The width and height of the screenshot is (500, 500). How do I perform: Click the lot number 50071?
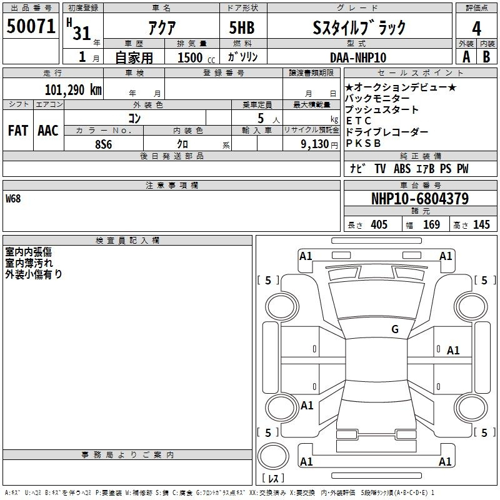[x=31, y=26]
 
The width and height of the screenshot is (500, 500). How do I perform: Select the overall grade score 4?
[x=476, y=29]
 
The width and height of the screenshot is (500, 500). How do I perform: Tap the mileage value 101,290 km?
[x=73, y=90]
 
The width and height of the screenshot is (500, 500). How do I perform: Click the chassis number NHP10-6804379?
[x=420, y=199]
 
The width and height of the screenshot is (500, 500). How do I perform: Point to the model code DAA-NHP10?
[x=358, y=57]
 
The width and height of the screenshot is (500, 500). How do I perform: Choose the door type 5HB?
[x=242, y=27]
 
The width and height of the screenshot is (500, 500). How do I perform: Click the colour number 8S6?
[x=104, y=144]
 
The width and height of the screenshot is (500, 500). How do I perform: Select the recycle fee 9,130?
[x=315, y=144]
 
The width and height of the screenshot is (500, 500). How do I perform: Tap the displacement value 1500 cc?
[x=196, y=57]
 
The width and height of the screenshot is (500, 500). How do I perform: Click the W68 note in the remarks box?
[x=13, y=199]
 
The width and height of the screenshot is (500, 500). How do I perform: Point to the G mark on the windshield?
[x=395, y=329]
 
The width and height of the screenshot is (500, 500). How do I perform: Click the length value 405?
[x=379, y=224]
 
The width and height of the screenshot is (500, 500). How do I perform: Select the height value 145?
[x=481, y=224]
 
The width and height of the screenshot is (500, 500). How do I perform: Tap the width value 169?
[x=431, y=224]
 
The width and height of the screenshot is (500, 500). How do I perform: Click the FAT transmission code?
[x=18, y=131]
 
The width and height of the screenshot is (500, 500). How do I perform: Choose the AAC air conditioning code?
[x=48, y=131]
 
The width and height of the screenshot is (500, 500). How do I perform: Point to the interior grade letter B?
[x=486, y=57]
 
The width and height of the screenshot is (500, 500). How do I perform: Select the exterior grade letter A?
[x=466, y=57]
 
